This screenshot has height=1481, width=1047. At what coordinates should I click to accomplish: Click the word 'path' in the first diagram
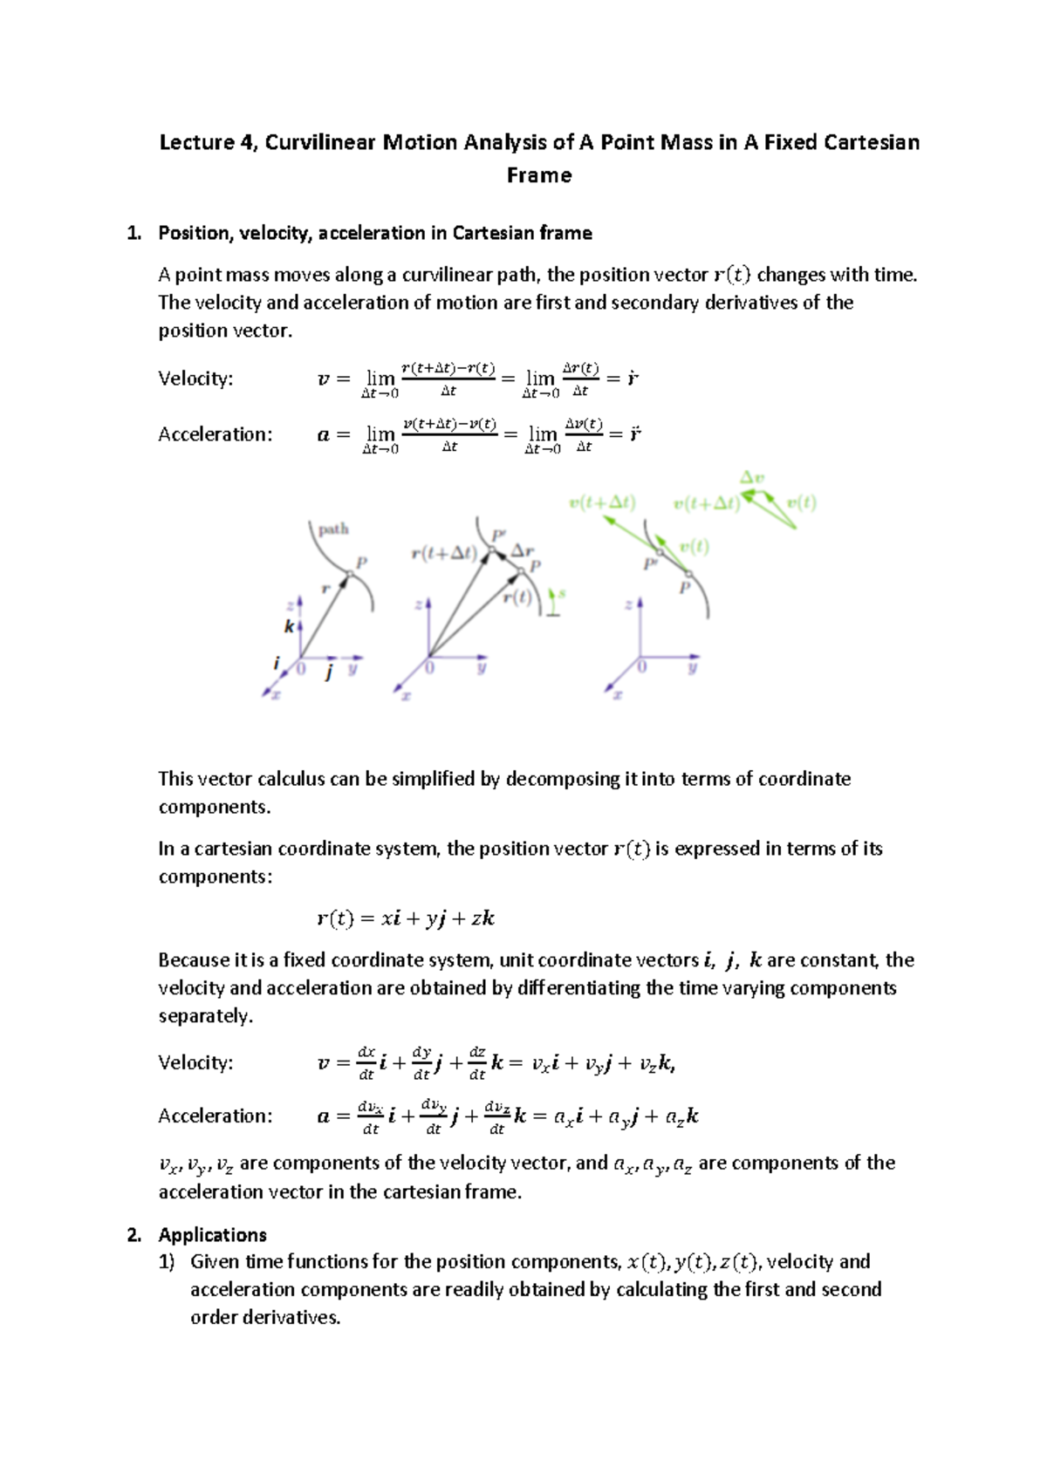333,529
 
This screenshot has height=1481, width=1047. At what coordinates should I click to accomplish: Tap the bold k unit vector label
289,626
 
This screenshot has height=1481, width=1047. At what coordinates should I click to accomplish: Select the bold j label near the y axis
329,672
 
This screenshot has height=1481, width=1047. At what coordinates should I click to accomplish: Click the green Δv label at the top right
752,478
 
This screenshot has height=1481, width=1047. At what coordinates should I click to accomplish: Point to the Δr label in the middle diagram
523,550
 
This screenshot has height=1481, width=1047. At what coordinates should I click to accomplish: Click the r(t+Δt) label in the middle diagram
443,553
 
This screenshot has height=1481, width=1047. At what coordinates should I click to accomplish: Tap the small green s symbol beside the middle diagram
562,594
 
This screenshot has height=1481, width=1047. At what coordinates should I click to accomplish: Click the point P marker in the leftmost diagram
350,573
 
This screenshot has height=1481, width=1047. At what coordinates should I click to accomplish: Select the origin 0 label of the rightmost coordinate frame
641,667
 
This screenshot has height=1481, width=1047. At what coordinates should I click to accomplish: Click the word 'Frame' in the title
539,175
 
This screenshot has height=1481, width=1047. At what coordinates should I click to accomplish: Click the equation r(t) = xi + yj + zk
406,918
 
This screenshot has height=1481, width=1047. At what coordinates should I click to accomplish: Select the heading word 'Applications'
212,1235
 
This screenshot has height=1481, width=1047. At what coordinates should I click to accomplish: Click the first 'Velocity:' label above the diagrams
195,379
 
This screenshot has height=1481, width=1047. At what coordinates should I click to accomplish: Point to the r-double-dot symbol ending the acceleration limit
635,433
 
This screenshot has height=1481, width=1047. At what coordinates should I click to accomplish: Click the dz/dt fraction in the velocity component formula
477,1063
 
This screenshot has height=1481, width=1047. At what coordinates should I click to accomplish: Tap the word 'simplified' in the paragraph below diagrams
433,779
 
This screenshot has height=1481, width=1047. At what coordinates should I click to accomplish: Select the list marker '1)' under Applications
167,1261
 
